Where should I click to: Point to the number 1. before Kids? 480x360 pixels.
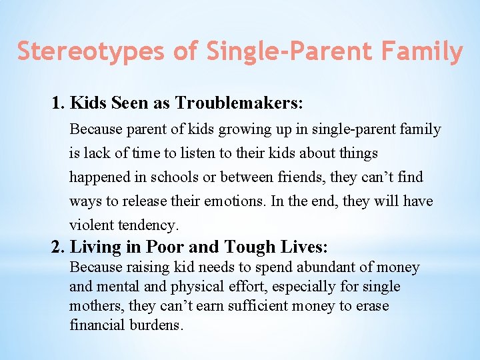point(59,103)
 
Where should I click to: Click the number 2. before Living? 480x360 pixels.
point(59,247)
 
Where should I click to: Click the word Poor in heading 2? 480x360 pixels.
point(165,247)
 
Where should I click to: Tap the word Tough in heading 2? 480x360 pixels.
point(250,247)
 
